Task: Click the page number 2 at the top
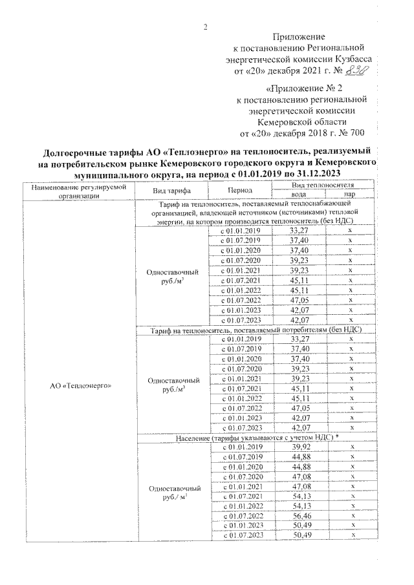(x=206, y=27)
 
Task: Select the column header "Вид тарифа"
(x=171, y=191)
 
